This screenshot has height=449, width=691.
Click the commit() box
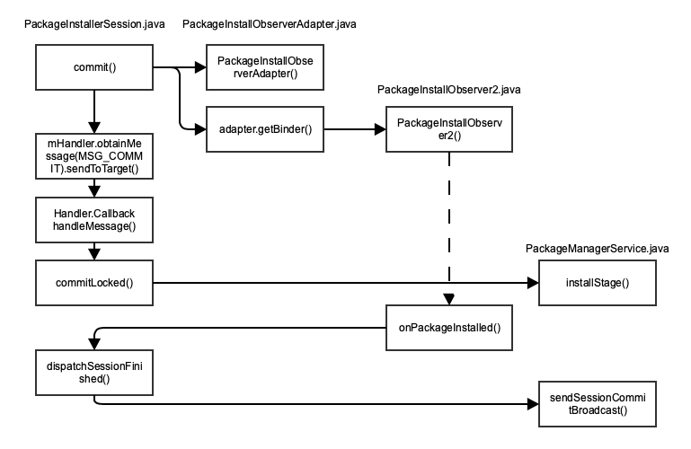click(94, 67)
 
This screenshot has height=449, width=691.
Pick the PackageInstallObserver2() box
click(448, 130)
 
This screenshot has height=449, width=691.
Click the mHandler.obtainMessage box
click(94, 156)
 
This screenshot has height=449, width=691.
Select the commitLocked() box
click(94, 283)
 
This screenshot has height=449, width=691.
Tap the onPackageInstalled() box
click(448, 328)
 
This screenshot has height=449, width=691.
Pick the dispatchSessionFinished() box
click(94, 373)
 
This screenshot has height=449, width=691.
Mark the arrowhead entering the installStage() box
click(532, 283)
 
